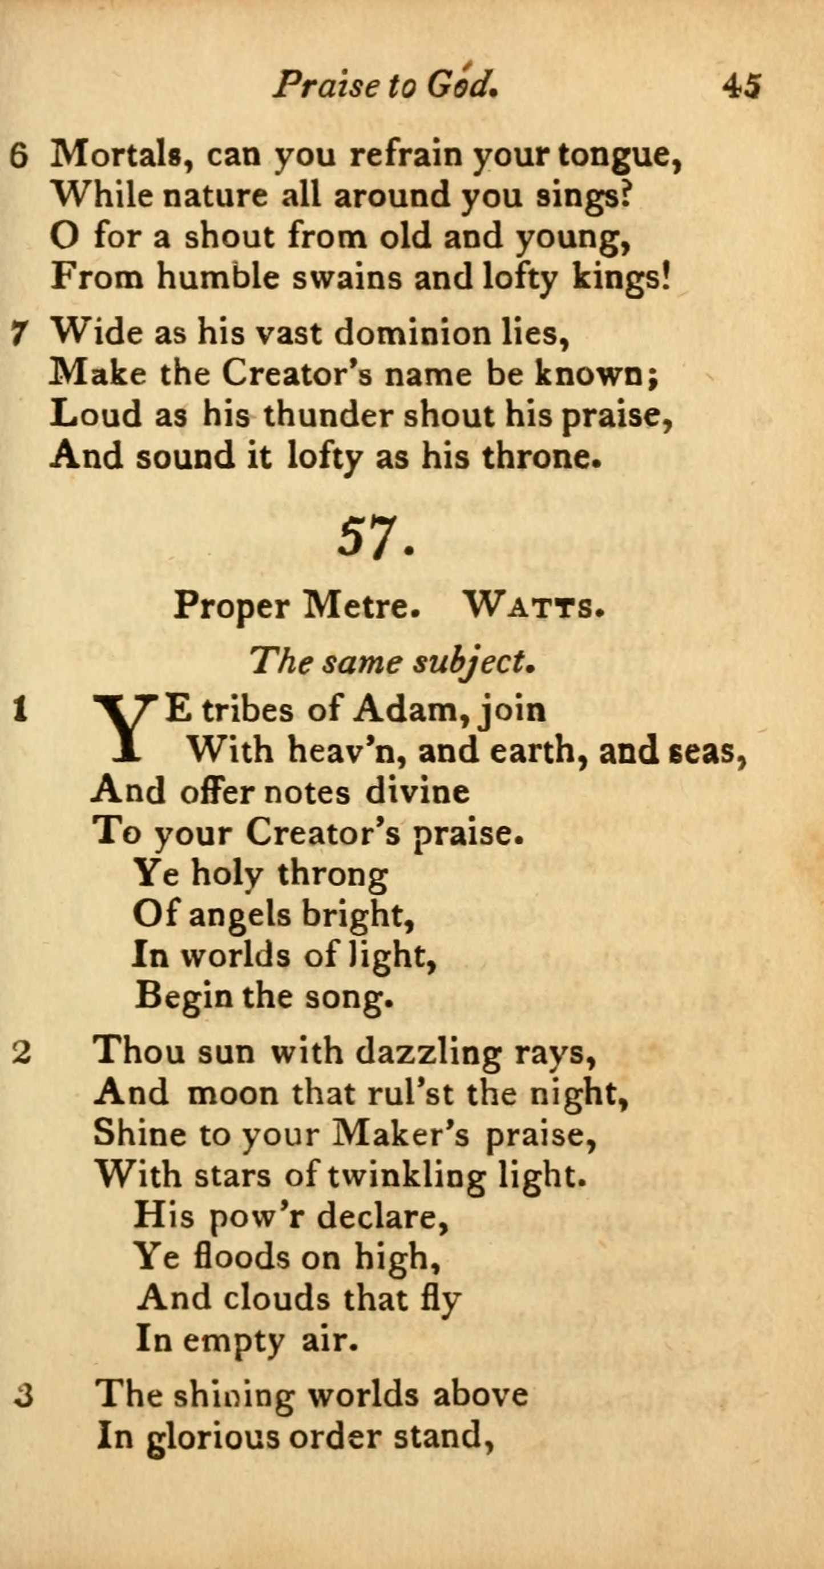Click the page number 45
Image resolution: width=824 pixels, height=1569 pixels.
(741, 85)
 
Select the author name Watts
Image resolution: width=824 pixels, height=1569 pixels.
(533, 607)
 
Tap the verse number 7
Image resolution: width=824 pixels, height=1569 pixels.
(19, 335)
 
